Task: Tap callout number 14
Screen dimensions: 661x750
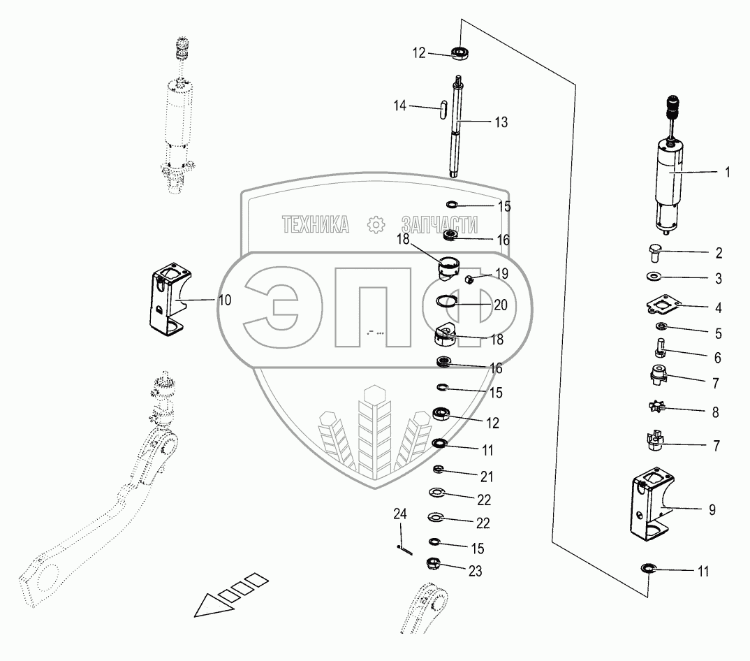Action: click(x=399, y=106)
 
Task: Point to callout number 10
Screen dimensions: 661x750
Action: click(x=225, y=300)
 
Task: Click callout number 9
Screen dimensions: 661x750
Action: click(x=712, y=510)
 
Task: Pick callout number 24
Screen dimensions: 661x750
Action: click(x=399, y=515)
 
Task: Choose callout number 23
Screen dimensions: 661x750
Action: click(x=475, y=571)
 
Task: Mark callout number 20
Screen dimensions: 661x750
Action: click(x=501, y=305)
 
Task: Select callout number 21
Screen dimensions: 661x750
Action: click(x=485, y=477)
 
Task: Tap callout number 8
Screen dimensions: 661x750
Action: click(x=715, y=412)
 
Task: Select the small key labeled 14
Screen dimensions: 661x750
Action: click(x=443, y=110)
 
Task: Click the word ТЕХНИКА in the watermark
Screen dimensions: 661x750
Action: click(x=316, y=224)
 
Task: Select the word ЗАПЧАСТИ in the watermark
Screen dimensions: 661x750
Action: click(x=440, y=224)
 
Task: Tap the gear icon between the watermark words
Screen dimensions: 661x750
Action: click(x=376, y=225)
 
